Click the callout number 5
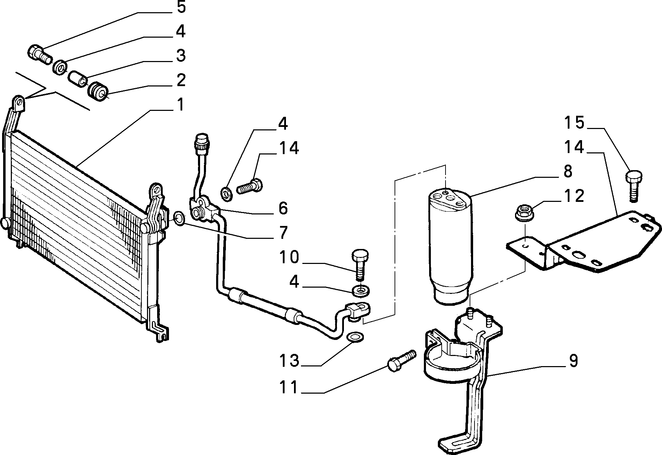(x=181, y=7)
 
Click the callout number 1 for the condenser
(x=180, y=105)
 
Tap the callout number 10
(x=289, y=257)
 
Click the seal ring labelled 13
(x=355, y=336)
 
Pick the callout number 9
(x=573, y=361)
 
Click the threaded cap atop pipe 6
(x=201, y=143)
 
